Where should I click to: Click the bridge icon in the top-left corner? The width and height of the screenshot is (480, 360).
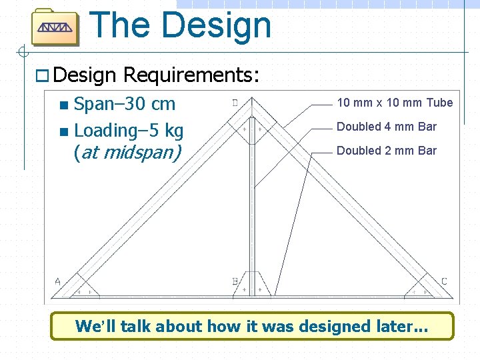point(55,27)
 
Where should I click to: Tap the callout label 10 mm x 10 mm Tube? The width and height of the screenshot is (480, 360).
point(395,103)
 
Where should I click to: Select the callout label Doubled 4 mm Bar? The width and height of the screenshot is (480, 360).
point(387,127)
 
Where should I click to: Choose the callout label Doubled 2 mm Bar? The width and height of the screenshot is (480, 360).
point(387,151)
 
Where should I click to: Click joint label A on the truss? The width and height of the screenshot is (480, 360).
point(57,282)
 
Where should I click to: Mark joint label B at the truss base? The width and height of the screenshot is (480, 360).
point(235,282)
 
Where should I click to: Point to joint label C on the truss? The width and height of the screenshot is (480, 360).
point(444,281)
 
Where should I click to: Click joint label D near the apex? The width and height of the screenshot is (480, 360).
point(235,103)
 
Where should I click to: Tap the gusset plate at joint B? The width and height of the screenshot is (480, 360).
point(252,284)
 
